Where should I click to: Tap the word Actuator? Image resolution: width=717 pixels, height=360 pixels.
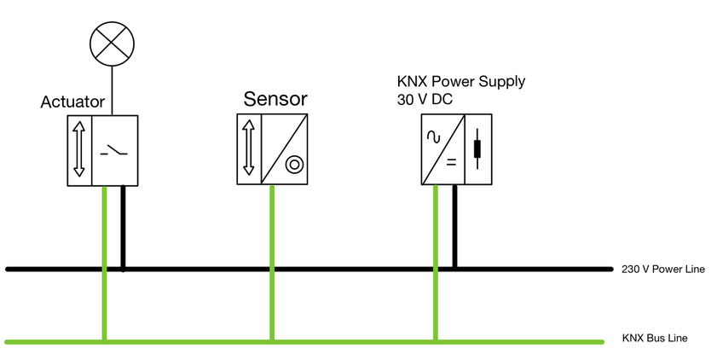72,102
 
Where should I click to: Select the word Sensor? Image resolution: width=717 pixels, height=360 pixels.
275,98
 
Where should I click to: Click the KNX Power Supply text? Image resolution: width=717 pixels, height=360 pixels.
461,82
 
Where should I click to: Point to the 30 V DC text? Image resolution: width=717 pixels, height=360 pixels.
425,100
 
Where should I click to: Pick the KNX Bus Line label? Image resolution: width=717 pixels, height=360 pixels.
655,339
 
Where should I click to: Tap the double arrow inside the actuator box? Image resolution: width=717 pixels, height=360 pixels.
79,149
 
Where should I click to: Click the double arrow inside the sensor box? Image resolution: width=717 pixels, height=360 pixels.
249,148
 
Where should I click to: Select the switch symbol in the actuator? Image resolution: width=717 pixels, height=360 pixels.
115,152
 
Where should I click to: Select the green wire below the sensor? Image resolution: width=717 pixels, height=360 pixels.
272,256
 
